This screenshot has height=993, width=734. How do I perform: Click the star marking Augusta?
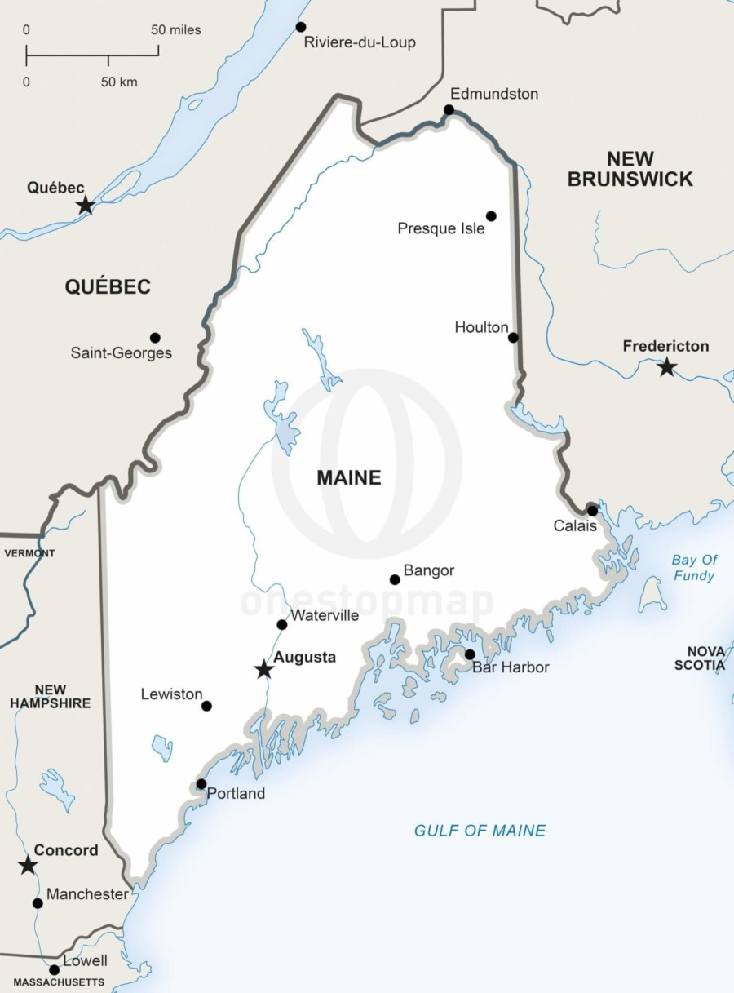click(263, 669)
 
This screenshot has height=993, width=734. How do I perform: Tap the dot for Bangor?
click(395, 579)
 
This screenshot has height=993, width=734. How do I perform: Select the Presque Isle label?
click(440, 228)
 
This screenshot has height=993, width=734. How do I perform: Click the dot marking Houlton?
click(513, 338)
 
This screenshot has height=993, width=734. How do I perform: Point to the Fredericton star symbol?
click(667, 367)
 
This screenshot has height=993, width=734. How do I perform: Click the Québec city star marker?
click(85, 206)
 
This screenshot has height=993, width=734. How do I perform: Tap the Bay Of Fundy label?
click(694, 568)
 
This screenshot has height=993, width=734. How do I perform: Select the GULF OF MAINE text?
click(480, 831)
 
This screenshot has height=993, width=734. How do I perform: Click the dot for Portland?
click(201, 784)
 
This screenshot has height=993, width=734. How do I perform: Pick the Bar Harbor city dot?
click(470, 654)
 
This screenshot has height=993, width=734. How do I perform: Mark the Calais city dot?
click(592, 511)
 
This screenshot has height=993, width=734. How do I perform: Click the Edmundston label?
click(494, 94)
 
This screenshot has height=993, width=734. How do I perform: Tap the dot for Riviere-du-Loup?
click(301, 27)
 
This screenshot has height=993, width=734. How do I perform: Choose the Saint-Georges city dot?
click(155, 338)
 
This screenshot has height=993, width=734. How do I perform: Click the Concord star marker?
click(28, 865)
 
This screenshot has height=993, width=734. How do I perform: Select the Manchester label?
click(86, 894)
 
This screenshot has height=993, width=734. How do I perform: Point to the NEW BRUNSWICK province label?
click(630, 169)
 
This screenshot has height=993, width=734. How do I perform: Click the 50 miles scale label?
click(175, 30)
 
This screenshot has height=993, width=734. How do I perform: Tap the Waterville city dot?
click(282, 625)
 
